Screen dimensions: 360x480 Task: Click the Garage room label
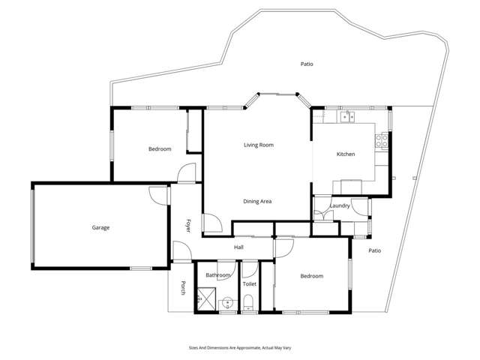point(101,227)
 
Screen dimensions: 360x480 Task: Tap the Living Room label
point(258,145)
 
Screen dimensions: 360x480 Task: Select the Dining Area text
point(257,201)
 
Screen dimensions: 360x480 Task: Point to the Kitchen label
point(345,154)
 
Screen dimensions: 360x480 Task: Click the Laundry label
point(340,205)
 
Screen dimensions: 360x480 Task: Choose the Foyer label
point(188,225)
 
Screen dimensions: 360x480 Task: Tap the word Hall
point(238,247)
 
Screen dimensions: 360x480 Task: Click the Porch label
point(182,288)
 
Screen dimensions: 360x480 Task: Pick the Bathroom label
point(217,276)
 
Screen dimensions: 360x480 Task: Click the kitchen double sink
point(347,116)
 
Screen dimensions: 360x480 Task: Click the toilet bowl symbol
point(248,303)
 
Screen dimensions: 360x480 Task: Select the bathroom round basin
point(226,304)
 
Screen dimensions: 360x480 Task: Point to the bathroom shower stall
point(205,299)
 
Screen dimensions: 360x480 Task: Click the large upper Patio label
point(306,64)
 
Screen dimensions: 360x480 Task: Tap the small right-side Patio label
point(375,250)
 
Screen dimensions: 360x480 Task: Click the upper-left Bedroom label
point(160,149)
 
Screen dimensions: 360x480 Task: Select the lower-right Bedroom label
point(311,276)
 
